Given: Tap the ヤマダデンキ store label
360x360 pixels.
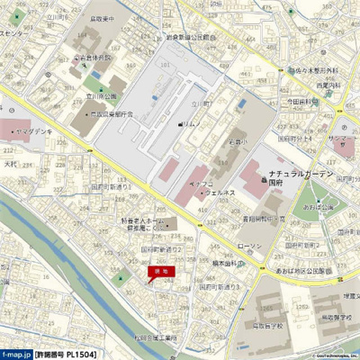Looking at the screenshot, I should coord(31,131).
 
